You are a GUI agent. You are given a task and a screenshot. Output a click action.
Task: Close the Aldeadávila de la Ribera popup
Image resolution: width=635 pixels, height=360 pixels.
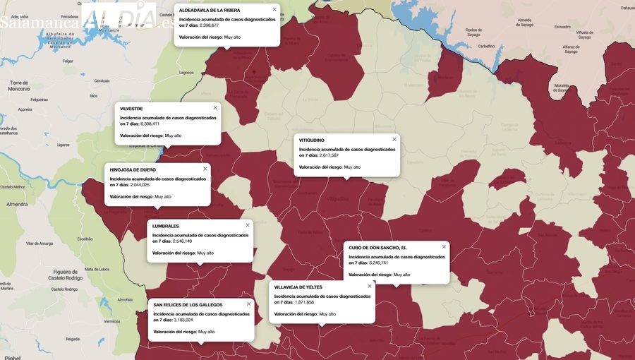(274, 9)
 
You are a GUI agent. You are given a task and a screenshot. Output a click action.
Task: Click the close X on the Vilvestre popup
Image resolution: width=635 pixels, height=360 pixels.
(215, 108)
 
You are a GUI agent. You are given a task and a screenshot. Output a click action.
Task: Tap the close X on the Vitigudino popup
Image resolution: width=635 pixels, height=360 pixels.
(394, 139)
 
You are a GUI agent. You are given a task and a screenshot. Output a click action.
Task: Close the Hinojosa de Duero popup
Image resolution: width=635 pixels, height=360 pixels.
(205, 169)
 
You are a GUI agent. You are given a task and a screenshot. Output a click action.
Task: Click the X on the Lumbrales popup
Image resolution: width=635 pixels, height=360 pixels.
(248, 225)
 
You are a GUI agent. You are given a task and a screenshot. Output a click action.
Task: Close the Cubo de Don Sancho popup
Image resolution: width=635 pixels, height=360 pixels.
(444, 247)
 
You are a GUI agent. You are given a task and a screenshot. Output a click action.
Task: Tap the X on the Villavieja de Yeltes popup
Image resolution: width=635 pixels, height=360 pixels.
(369, 287)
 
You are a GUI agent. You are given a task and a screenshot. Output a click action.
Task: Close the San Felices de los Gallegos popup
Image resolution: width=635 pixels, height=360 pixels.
(248, 304)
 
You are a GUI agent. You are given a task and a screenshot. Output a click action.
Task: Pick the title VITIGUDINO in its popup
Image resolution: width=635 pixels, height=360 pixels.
(312, 140)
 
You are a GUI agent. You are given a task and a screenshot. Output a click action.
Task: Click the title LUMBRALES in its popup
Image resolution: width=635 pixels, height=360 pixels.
(166, 226)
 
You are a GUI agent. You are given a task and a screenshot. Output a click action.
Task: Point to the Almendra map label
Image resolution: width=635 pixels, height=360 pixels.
(16, 204)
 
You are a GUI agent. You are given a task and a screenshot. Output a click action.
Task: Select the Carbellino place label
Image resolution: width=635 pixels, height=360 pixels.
(487, 45)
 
